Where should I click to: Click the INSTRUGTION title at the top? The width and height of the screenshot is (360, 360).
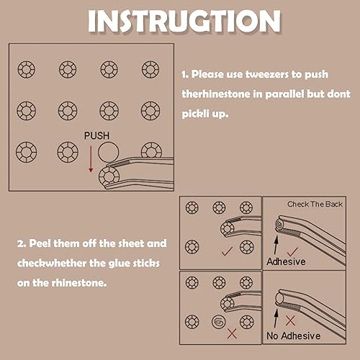184,21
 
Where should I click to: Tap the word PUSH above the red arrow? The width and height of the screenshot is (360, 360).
96,136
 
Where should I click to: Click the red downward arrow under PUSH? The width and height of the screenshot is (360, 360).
91,159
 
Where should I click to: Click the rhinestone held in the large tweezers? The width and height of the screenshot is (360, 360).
109,176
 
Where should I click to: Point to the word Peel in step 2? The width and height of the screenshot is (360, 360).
40,243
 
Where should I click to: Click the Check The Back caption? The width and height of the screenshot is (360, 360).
315,204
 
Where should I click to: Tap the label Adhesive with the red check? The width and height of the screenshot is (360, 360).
286,261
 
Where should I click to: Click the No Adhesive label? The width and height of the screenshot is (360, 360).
294,336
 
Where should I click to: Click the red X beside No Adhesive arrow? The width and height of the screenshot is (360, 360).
290,320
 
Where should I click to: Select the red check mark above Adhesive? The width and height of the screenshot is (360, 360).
292,252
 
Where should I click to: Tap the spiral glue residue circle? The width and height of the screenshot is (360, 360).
219,322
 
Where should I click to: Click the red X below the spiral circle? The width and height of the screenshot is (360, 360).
232,333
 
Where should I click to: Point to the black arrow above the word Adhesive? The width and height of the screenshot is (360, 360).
276,245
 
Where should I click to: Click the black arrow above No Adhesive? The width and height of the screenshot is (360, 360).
276,318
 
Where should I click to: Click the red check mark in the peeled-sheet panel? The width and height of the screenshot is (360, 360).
227,251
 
